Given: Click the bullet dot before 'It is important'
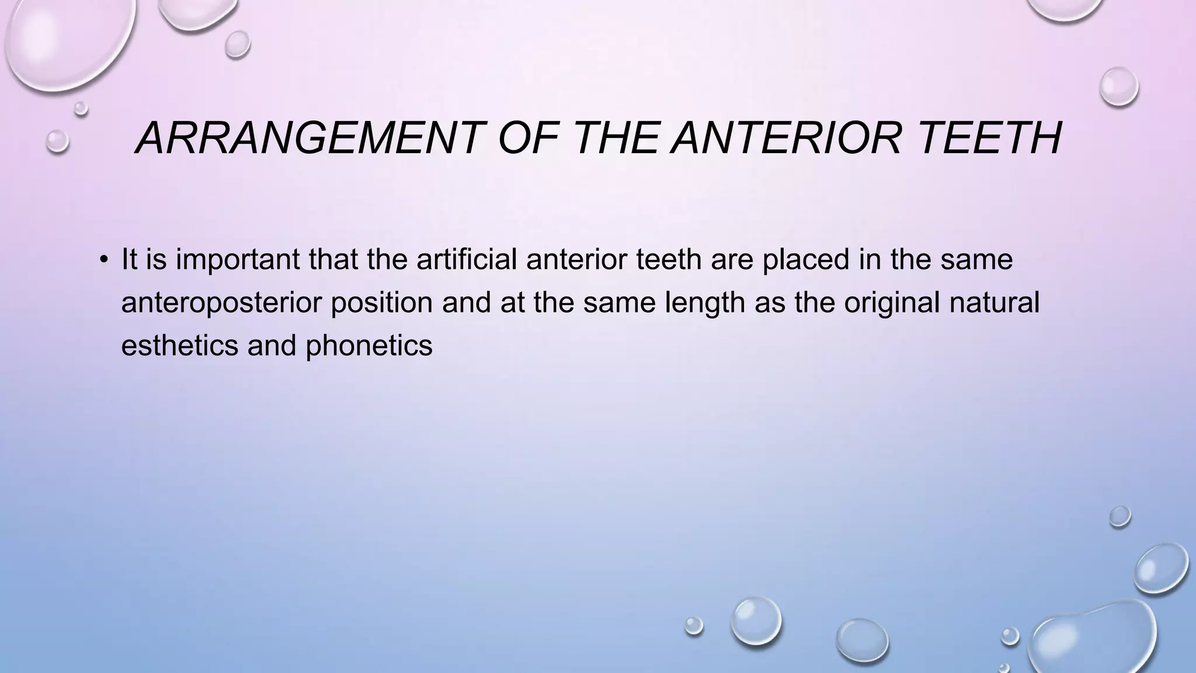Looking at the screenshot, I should click(x=104, y=260).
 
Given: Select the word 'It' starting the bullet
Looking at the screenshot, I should click(x=129, y=259).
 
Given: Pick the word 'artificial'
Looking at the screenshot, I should click(x=467, y=259).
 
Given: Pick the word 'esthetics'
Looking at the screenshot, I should click(x=179, y=345).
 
